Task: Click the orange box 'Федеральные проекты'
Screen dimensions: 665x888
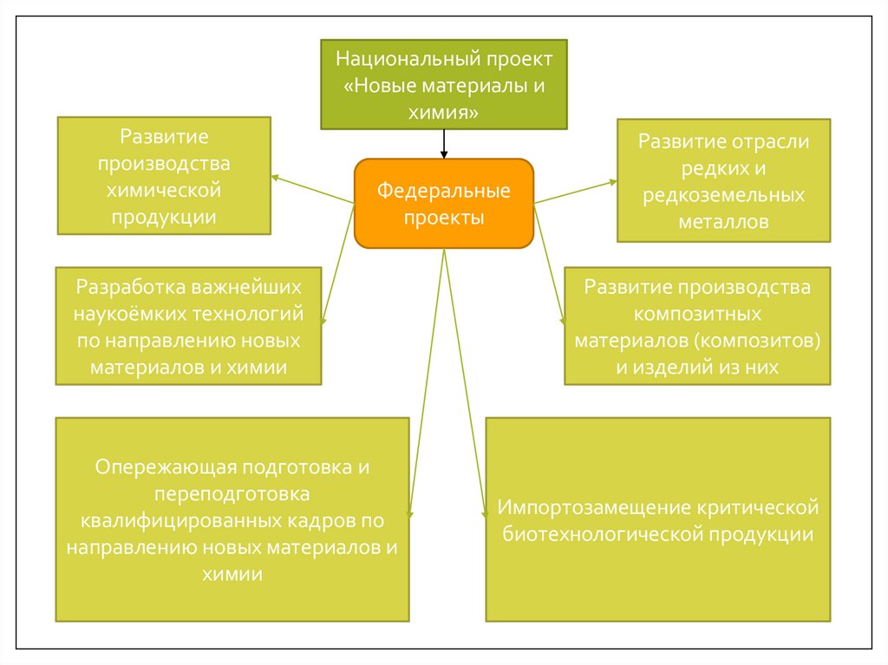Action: [x=443, y=204]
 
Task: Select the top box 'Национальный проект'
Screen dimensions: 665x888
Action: [x=443, y=85]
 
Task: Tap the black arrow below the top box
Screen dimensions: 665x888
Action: [x=444, y=144]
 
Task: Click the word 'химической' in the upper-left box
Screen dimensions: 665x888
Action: [x=163, y=190]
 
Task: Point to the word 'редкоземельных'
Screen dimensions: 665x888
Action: [x=723, y=195]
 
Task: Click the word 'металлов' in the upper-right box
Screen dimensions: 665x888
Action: [x=723, y=222]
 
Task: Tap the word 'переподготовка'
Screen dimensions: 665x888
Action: [x=232, y=494]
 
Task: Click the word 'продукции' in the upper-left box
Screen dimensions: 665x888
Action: [x=163, y=217]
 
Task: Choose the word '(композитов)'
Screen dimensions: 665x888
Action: [x=767, y=340]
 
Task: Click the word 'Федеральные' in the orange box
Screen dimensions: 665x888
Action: [x=443, y=190]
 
